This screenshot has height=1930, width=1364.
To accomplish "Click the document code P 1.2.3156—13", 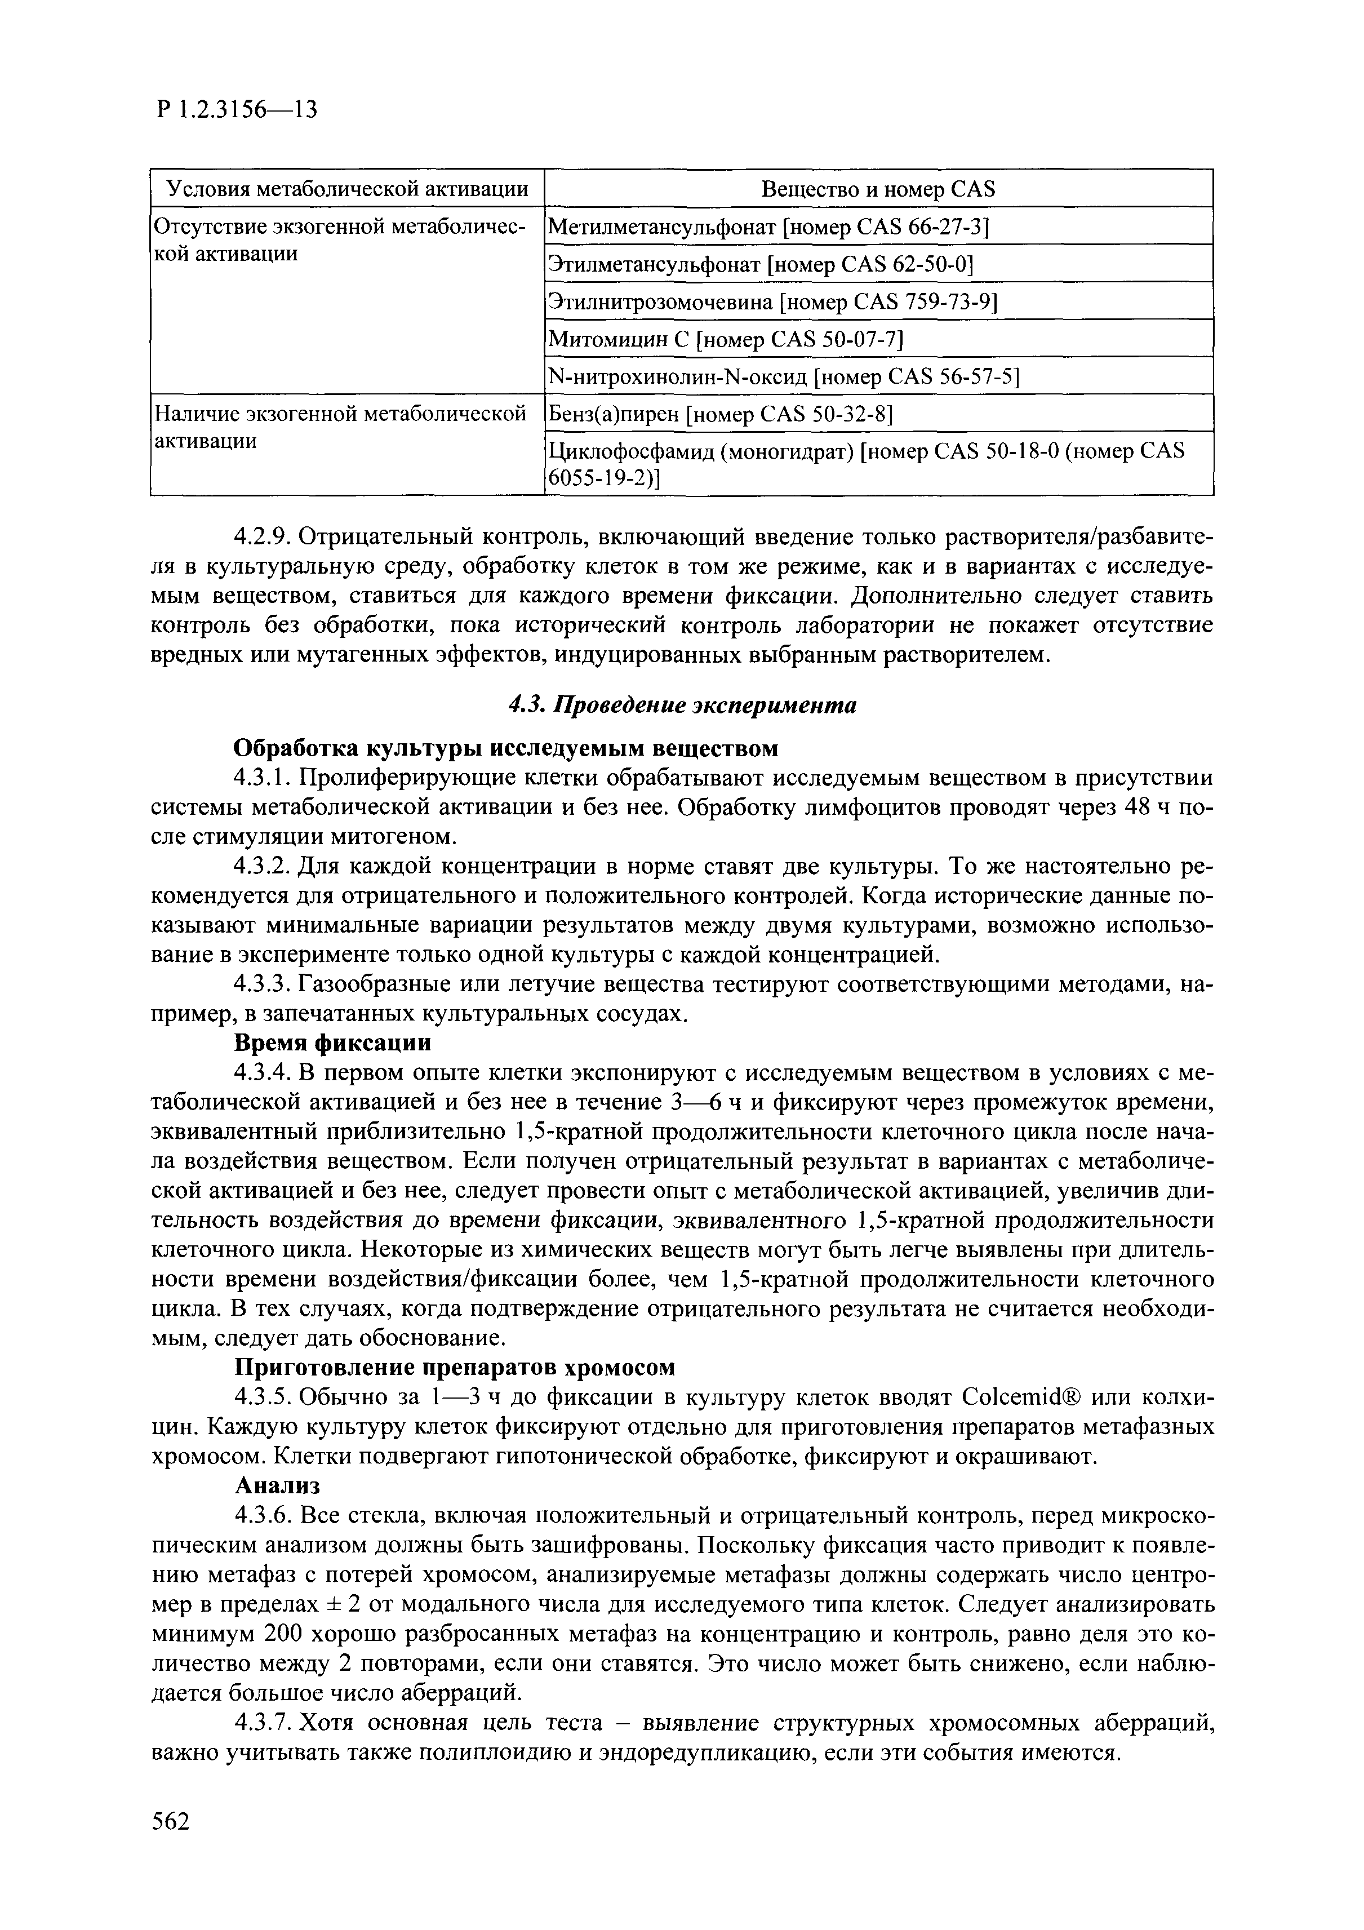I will click(x=236, y=109).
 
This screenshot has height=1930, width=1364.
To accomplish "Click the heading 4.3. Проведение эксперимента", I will click(x=682, y=706).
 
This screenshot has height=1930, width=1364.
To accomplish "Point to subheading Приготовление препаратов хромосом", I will click(x=454, y=1368).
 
